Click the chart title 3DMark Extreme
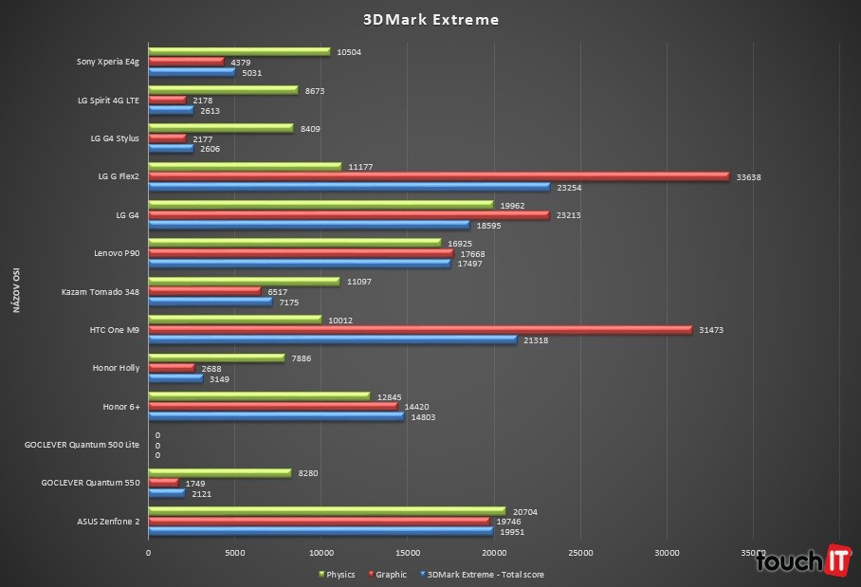click(x=430, y=19)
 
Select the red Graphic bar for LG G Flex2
click(x=438, y=176)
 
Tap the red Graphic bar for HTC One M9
click(x=420, y=330)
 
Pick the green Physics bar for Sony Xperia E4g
click(x=239, y=52)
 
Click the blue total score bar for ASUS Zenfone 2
click(x=321, y=532)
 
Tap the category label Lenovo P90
click(x=116, y=253)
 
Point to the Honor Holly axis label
click(x=116, y=368)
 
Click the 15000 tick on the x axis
click(x=408, y=553)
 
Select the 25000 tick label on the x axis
click(x=580, y=553)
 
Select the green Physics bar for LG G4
click(x=321, y=205)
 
